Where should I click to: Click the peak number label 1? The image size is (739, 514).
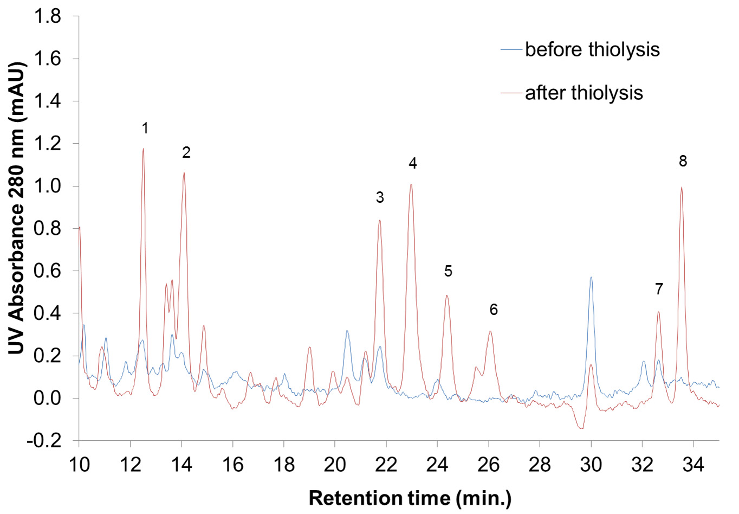tap(145, 128)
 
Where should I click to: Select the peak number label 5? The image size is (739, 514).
tap(448, 271)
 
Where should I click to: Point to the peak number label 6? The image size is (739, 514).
tap(494, 310)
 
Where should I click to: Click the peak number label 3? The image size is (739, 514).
tap(380, 197)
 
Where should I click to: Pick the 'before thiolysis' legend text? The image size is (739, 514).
tap(592, 49)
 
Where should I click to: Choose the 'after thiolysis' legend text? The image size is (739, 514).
tap(584, 93)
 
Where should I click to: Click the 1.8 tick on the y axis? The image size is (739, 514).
tap(48, 16)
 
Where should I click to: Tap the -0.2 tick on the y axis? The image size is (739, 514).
tap(44, 440)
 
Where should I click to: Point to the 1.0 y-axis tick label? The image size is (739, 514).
tap(48, 186)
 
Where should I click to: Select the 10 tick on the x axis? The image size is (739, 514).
tap(79, 465)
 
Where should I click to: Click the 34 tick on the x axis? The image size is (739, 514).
tap(693, 465)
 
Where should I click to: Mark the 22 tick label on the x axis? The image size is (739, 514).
tap(386, 465)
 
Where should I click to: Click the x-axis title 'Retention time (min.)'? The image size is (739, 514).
tap(410, 498)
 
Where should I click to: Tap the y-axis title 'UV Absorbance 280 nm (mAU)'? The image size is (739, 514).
tap(16, 208)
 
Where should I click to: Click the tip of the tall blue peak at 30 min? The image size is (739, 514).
tap(591, 277)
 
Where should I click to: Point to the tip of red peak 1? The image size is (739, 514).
tap(143, 149)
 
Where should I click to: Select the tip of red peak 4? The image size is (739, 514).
tap(411, 184)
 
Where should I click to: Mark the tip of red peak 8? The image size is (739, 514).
tap(681, 187)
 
